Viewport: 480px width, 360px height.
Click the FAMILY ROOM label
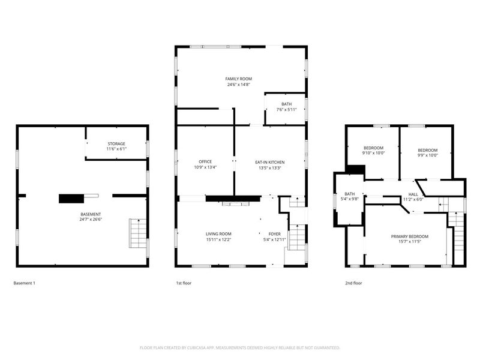tap(238, 79)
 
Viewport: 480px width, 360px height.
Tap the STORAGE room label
tap(116, 144)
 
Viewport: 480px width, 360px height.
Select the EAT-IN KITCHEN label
tap(269, 162)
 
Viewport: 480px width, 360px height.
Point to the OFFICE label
tap(205, 161)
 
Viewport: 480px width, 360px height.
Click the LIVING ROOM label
tap(218, 234)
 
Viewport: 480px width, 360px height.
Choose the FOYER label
tap(275, 234)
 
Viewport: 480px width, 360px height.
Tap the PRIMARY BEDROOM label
tap(410, 236)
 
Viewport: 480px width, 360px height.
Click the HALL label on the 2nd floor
tap(413, 194)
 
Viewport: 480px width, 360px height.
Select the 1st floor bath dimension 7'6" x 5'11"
tap(287, 110)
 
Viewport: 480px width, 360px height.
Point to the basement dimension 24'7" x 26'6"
tap(91, 220)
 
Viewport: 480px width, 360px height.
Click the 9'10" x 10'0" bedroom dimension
tap(373, 153)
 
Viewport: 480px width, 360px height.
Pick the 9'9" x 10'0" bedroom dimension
tap(428, 155)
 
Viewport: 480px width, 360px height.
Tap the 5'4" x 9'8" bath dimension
tap(350, 199)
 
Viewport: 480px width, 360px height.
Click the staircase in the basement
tap(138, 233)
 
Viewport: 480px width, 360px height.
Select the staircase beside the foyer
tap(296, 237)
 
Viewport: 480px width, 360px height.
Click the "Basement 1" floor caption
tap(24, 283)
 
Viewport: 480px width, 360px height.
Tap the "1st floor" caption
tap(184, 283)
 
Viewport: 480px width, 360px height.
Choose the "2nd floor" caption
tap(353, 283)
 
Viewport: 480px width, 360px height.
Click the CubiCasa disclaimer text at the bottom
tap(239, 348)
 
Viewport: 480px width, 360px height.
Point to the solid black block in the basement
tap(71, 199)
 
